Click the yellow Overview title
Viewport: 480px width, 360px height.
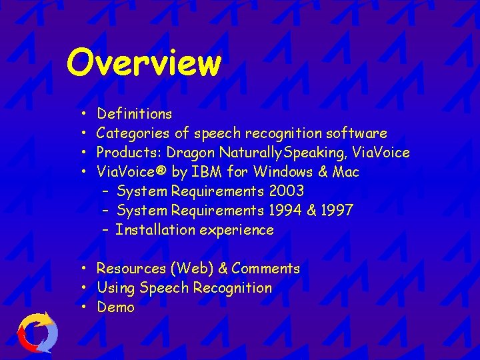tap(143, 63)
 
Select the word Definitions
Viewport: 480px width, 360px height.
tap(134, 114)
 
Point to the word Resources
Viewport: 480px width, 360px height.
tap(131, 269)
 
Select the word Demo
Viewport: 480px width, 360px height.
tap(115, 307)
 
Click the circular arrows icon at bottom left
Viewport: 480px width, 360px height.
tap(37, 332)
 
